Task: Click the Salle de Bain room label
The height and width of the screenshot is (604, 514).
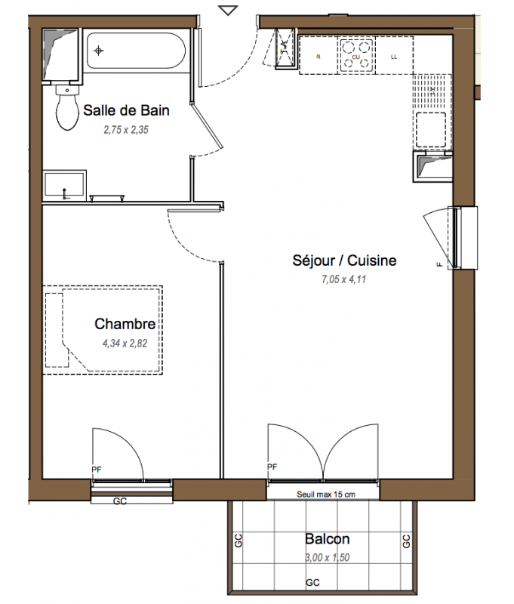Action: pos(126,110)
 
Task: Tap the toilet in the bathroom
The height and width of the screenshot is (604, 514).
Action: pos(67,107)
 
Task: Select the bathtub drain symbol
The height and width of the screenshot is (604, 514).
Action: pos(99,51)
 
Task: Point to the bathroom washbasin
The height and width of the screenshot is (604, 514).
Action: pos(64,185)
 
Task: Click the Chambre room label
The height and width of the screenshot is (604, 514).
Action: pos(125,324)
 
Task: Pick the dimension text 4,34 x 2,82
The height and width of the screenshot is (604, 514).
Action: pos(125,344)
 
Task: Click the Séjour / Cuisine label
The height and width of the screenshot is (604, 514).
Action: pos(344,260)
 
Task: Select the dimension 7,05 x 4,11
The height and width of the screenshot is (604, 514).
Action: pos(344,279)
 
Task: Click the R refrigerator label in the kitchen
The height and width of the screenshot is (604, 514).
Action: pos(319,57)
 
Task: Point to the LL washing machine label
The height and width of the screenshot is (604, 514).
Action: pos(394,57)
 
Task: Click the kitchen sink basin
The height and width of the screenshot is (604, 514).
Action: pos(431,129)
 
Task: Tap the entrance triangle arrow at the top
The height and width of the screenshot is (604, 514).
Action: pos(228,11)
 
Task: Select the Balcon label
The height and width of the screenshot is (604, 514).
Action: pos(328,539)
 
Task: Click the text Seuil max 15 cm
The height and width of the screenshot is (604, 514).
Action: pos(326,495)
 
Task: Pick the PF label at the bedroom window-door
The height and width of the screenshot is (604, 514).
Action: pos(97,470)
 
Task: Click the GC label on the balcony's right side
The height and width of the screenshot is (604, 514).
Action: pos(407,541)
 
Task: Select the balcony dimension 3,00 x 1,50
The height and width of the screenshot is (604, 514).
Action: pos(328,557)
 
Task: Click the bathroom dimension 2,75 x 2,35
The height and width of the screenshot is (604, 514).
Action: pos(126,130)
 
